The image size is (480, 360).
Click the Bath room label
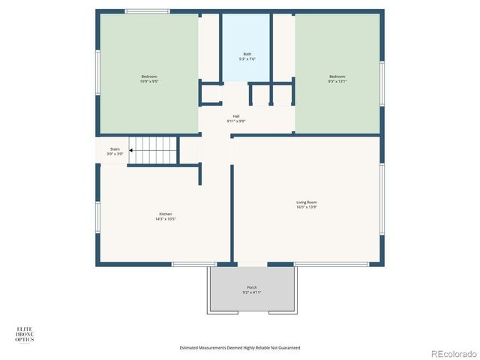247,54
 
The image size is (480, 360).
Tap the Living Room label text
307,202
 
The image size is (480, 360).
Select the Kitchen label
165,214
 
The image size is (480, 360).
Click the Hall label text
236,116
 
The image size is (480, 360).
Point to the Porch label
252,287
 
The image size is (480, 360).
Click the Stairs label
115,148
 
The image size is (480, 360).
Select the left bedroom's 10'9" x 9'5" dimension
149,80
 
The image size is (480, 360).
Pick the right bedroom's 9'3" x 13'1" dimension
337,80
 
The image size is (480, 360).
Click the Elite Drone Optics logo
25,334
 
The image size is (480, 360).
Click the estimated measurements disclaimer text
240,347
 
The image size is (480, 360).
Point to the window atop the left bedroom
147,11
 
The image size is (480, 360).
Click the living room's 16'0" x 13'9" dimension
307,207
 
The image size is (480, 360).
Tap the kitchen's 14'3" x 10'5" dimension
165,219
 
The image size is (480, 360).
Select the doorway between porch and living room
252,264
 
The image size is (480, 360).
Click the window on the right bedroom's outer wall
382,82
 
